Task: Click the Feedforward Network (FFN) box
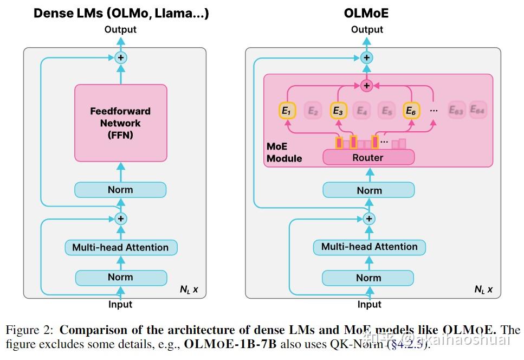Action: [x=120, y=123]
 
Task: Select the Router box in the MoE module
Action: [x=368, y=158]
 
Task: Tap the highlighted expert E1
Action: [x=287, y=111]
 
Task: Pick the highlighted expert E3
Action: [x=338, y=111]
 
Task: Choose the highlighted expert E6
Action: [x=411, y=111]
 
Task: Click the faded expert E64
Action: [x=477, y=111]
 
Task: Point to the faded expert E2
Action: [x=313, y=111]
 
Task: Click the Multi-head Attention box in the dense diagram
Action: [x=120, y=248]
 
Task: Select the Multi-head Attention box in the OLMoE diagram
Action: [x=369, y=247]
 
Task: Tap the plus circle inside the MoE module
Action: [x=367, y=86]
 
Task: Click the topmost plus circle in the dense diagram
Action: [x=121, y=57]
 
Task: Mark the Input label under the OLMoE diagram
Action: [x=369, y=305]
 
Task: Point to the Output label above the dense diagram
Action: [x=120, y=29]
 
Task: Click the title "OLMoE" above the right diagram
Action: [x=366, y=13]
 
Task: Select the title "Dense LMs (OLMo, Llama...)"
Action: [x=121, y=13]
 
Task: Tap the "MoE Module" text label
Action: [x=284, y=153]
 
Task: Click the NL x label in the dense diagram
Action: [x=189, y=290]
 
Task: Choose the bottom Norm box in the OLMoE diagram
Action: [x=368, y=278]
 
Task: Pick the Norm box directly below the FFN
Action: [x=120, y=190]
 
